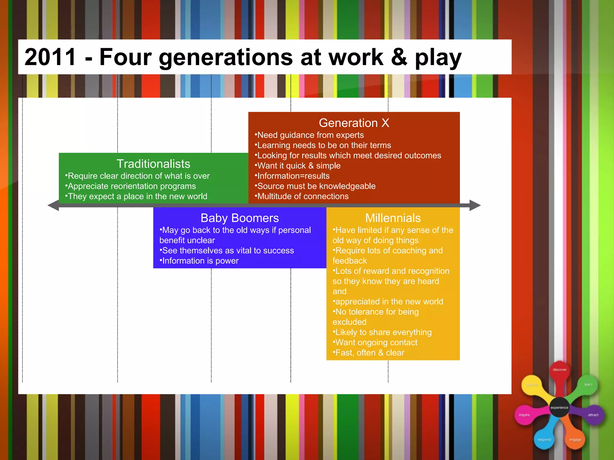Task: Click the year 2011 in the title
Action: tap(50, 57)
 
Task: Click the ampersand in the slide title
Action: tap(399, 57)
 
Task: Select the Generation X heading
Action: tap(354, 123)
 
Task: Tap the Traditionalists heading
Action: tap(153, 164)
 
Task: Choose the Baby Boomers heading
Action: tap(240, 218)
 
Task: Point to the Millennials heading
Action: tap(393, 218)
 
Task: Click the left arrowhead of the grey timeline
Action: tap(53, 205)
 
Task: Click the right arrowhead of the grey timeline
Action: tap(475, 205)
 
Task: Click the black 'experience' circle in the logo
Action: tap(559, 408)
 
